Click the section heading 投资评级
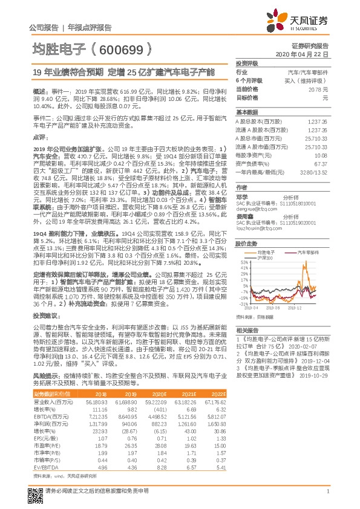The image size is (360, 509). pyautogui.click(x=247, y=63)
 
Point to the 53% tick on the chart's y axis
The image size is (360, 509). pyautogui.click(x=244, y=262)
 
